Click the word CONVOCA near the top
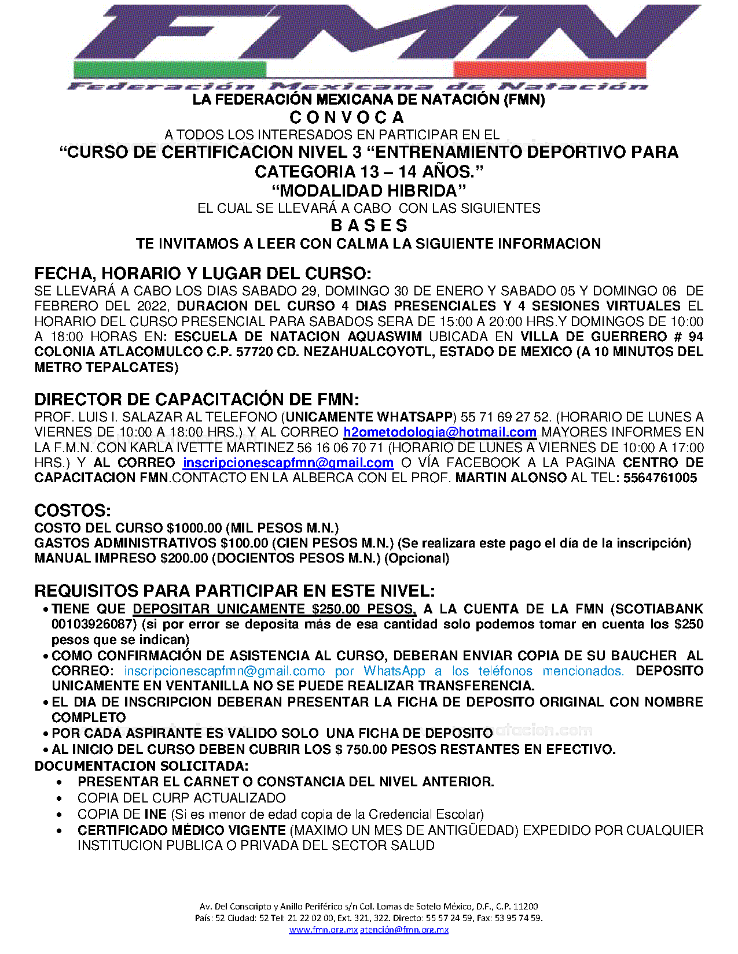tap(346, 117)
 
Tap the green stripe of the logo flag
tap(170, 70)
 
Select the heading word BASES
tap(369, 225)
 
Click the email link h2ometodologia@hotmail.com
tap(440, 432)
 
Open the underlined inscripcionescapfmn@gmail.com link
tap(288, 463)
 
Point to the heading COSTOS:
tap(72, 511)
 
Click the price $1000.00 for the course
tap(194, 528)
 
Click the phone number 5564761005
tap(660, 478)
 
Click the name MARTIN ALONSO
tap(511, 478)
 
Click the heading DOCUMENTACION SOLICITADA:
tap(142, 766)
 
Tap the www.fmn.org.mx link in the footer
tap(324, 930)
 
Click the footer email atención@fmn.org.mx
tap(404, 930)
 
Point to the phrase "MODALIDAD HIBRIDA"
tap(369, 191)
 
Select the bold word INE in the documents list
tap(155, 815)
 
